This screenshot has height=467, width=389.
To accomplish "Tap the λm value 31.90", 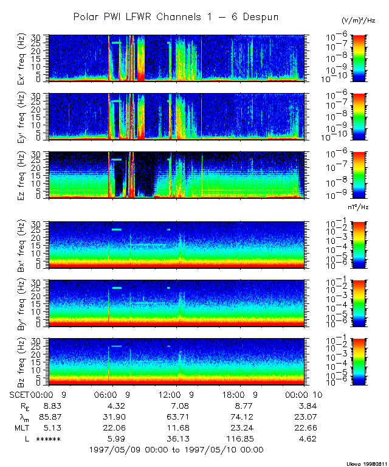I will point(115,416).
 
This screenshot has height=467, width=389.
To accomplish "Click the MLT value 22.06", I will point(115,427).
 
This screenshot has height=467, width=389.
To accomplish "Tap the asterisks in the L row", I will point(48,439).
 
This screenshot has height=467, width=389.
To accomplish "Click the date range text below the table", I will point(176,450).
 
